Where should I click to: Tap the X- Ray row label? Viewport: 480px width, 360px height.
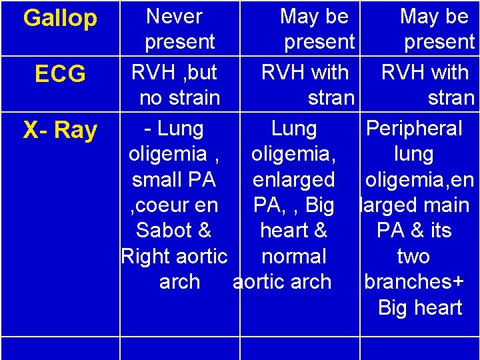click(x=60, y=131)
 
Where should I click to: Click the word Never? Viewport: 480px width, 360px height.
click(x=174, y=15)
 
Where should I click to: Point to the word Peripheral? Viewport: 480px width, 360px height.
click(x=414, y=128)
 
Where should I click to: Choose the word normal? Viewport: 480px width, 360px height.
click(x=294, y=256)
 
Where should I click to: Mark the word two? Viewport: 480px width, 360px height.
click(x=413, y=256)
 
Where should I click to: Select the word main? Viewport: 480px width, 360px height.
click(x=447, y=205)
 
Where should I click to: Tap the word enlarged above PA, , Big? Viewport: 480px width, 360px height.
click(x=294, y=179)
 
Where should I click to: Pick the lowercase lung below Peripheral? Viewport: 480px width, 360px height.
click(x=413, y=154)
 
